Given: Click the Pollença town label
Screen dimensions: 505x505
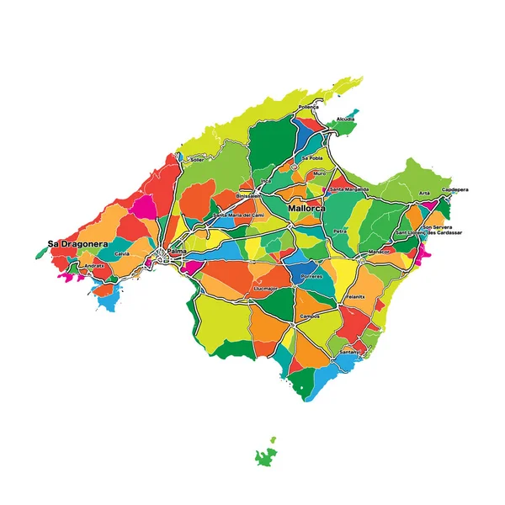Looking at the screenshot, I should (x=309, y=108).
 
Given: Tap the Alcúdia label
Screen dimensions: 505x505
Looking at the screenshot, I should (x=345, y=120).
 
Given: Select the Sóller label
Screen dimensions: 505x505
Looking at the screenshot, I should (x=197, y=158).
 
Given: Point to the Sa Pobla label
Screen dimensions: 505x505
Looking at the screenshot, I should (x=312, y=157).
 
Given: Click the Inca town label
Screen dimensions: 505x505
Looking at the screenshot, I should (x=267, y=180).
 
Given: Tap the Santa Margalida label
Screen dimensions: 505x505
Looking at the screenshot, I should (x=348, y=189).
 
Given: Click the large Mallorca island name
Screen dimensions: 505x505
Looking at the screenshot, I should (x=306, y=207).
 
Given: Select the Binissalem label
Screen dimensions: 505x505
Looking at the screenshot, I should (x=249, y=195).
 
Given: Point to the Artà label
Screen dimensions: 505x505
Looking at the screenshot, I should (x=424, y=194).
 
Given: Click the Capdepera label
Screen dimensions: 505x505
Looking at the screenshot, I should (x=454, y=189).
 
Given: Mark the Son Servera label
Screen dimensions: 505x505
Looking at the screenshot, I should (x=438, y=226).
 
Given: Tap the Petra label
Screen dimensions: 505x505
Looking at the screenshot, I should (x=340, y=230).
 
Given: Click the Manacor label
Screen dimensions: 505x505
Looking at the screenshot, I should (x=379, y=251).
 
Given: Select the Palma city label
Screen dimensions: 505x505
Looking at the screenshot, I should (x=177, y=251).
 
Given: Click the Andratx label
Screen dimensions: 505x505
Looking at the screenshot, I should (x=95, y=265).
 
